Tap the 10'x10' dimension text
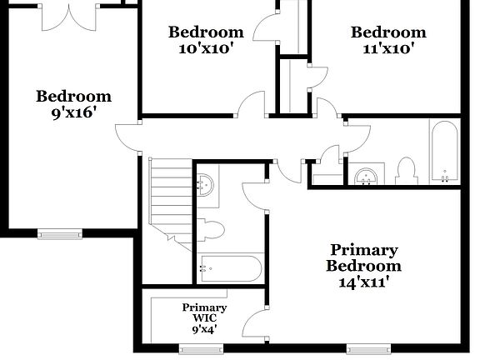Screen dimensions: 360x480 pyautogui.click(x=206, y=48)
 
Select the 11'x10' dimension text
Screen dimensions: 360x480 pyautogui.click(x=387, y=48)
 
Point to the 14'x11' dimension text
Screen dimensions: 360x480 pyautogui.click(x=364, y=282)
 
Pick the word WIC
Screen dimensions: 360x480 pyautogui.click(x=204, y=317)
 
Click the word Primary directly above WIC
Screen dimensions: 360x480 pyautogui.click(x=204, y=307)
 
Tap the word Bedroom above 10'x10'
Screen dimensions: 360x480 pyautogui.click(x=206, y=32)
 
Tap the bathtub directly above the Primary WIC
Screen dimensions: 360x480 pyautogui.click(x=230, y=268)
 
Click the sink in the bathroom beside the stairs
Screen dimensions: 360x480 pyautogui.click(x=207, y=184)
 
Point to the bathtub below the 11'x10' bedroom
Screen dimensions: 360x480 pyautogui.click(x=444, y=152)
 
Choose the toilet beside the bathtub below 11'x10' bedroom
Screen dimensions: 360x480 pyautogui.click(x=407, y=170)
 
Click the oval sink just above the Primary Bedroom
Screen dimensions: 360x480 pyautogui.click(x=366, y=175)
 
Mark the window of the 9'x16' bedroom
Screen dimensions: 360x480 pyautogui.click(x=60, y=234)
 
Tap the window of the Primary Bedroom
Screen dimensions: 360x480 pyautogui.click(x=369, y=349)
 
